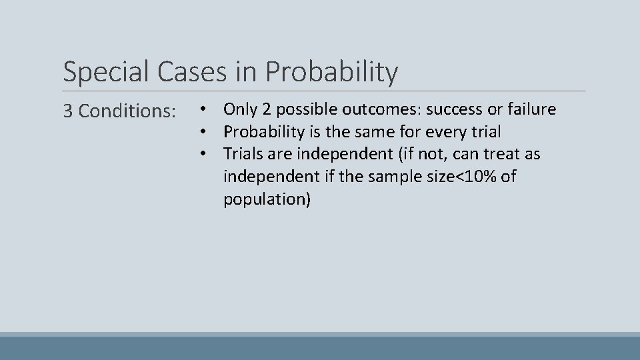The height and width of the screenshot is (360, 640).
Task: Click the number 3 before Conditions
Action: pos(68,111)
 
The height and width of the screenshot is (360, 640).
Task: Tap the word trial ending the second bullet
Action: pos(485,131)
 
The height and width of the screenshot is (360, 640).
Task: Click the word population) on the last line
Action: pos(267,199)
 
